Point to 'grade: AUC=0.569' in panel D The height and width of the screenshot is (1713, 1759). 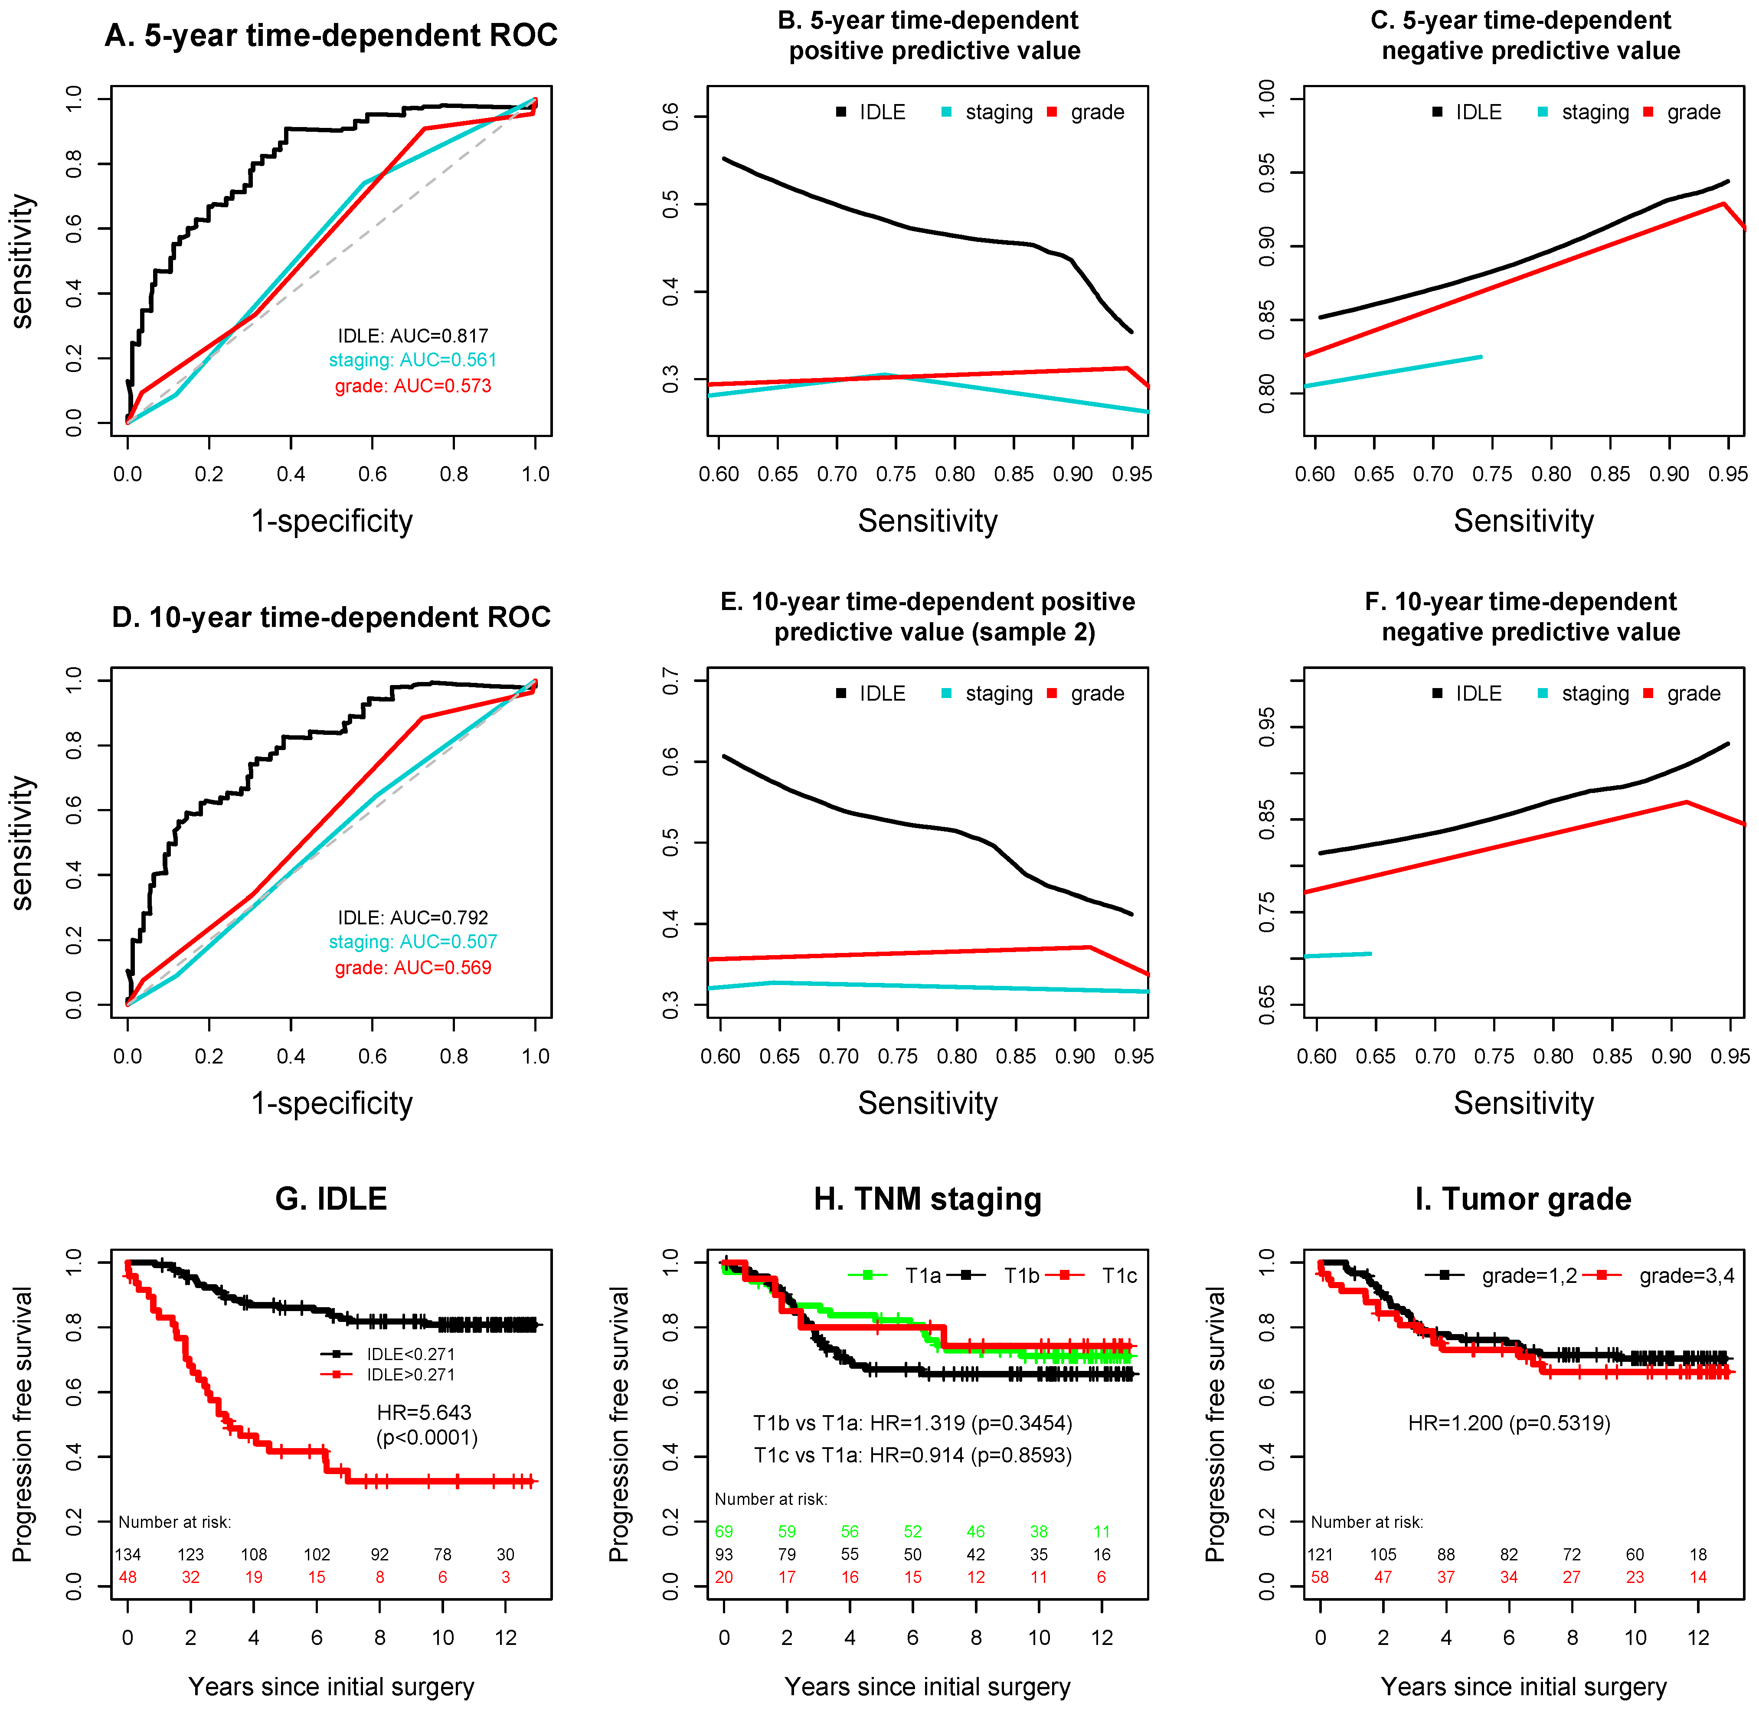(413, 968)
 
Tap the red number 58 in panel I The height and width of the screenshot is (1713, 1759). (1320, 1577)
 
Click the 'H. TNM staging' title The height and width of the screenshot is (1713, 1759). (928, 1199)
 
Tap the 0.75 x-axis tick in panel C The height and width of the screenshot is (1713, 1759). (1492, 474)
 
